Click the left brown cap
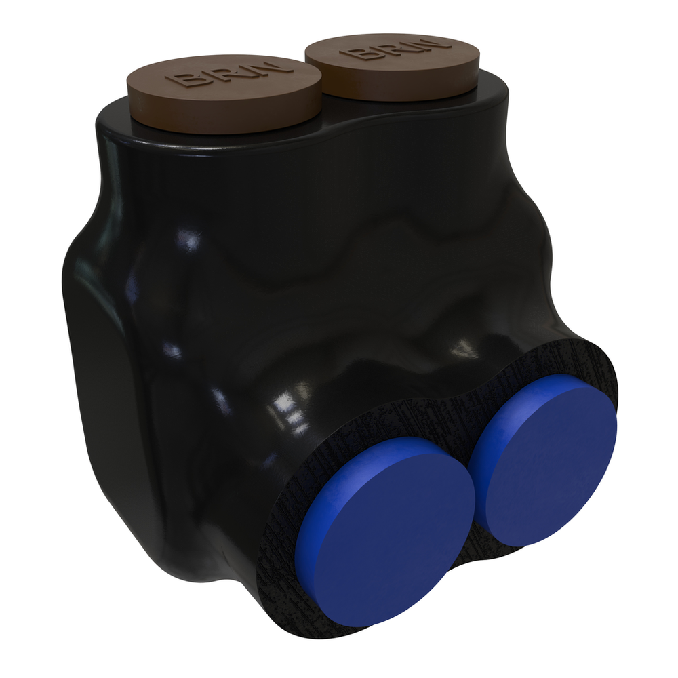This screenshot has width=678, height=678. (x=224, y=93)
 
